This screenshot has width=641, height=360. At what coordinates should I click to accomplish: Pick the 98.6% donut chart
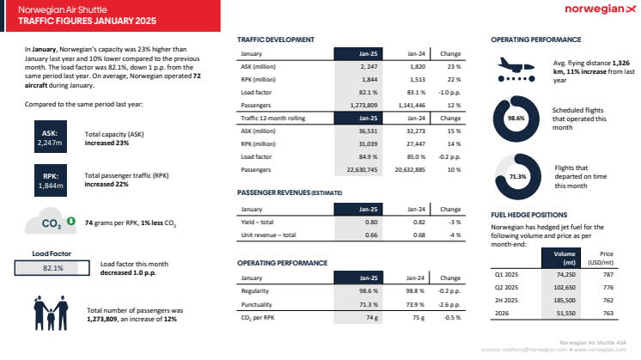pos(516,119)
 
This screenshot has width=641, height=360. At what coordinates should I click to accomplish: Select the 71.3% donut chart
pos(516,176)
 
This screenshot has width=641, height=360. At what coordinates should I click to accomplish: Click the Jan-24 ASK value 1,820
pos(415,65)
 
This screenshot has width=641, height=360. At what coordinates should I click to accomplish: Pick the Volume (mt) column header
pos(565,257)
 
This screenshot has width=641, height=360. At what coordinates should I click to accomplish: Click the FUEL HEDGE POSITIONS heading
pos(529,215)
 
